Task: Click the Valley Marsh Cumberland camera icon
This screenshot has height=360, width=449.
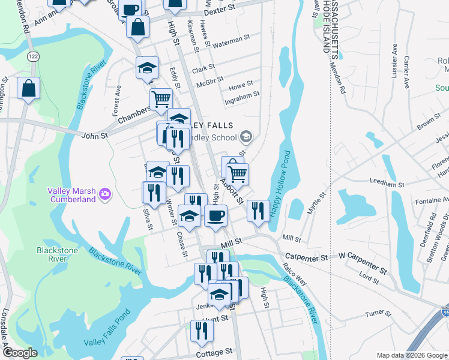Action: coord(106,193)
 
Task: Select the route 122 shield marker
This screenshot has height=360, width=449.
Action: coord(32,55)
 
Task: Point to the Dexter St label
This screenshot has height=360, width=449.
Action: coord(218,12)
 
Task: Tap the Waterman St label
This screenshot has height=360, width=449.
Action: coord(231,40)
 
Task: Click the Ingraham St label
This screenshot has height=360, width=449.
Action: coord(242,94)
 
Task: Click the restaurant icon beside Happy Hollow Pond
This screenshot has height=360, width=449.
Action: coord(258,210)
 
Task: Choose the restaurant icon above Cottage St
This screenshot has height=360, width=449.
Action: coord(202,331)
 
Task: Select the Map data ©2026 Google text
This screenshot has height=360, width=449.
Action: coord(411,355)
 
